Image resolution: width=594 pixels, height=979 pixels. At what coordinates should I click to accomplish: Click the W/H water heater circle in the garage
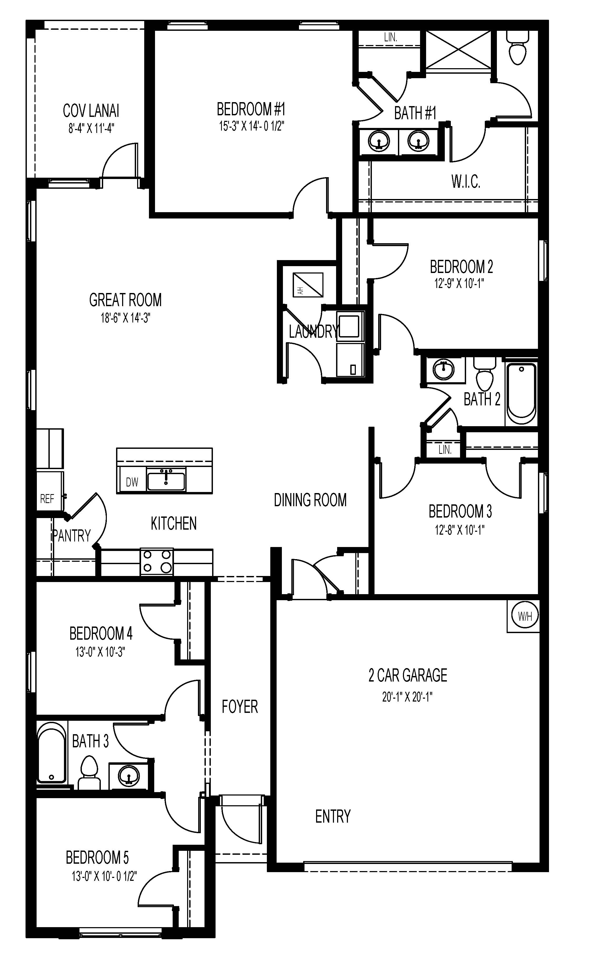(525, 616)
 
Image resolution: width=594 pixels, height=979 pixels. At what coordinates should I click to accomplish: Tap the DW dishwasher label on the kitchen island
(132, 482)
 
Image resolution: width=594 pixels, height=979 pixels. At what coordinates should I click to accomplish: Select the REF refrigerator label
(47, 499)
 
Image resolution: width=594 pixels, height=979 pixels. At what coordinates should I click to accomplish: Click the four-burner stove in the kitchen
(157, 561)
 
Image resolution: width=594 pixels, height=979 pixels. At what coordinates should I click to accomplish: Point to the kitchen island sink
(166, 480)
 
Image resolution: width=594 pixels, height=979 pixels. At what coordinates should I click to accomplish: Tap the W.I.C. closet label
(466, 182)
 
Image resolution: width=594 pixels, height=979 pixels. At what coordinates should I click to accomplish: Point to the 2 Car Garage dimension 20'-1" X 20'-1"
(407, 697)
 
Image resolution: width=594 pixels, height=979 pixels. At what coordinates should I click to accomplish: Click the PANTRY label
(72, 536)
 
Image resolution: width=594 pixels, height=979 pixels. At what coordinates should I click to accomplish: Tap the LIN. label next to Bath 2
(445, 450)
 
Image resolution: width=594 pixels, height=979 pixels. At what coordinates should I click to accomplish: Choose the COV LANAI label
(91, 111)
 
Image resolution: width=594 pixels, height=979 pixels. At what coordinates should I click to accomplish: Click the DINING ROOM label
(310, 500)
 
